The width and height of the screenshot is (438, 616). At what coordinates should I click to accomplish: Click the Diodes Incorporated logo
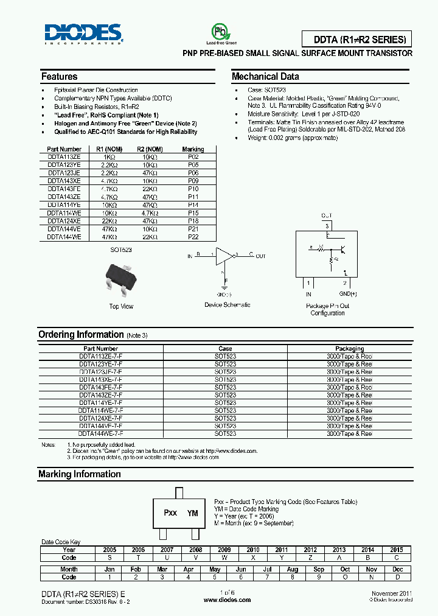(x=83, y=34)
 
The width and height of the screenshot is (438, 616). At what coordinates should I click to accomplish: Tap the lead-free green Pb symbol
(x=218, y=32)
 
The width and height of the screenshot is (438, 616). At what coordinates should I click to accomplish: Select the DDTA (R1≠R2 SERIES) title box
(x=356, y=40)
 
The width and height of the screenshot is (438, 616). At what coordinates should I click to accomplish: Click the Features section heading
(x=59, y=77)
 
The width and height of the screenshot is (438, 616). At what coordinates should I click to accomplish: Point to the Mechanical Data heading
(x=265, y=77)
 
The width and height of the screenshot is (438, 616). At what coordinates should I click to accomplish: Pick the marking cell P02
(x=193, y=157)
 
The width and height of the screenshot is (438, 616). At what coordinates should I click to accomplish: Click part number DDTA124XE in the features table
(x=64, y=221)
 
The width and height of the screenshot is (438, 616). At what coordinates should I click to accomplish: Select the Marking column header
(x=193, y=149)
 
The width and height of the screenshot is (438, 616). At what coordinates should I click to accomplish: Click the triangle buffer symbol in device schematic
(x=224, y=256)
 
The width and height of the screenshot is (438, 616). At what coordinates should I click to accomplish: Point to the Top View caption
(x=121, y=306)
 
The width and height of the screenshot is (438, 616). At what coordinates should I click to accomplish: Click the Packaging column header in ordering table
(x=349, y=349)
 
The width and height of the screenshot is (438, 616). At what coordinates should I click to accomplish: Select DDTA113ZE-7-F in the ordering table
(x=100, y=356)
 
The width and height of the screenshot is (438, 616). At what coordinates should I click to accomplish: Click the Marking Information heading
(x=79, y=474)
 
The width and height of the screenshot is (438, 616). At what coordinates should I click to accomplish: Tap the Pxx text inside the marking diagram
(x=170, y=513)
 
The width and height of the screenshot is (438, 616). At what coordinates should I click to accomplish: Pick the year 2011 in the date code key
(x=282, y=550)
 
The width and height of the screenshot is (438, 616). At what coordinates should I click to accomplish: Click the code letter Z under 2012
(x=310, y=558)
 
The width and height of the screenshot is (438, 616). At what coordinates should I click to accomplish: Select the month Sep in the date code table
(x=319, y=569)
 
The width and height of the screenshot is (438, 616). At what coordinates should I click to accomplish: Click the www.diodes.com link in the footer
(x=227, y=600)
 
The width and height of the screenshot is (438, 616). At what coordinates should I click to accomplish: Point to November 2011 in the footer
(x=391, y=593)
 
